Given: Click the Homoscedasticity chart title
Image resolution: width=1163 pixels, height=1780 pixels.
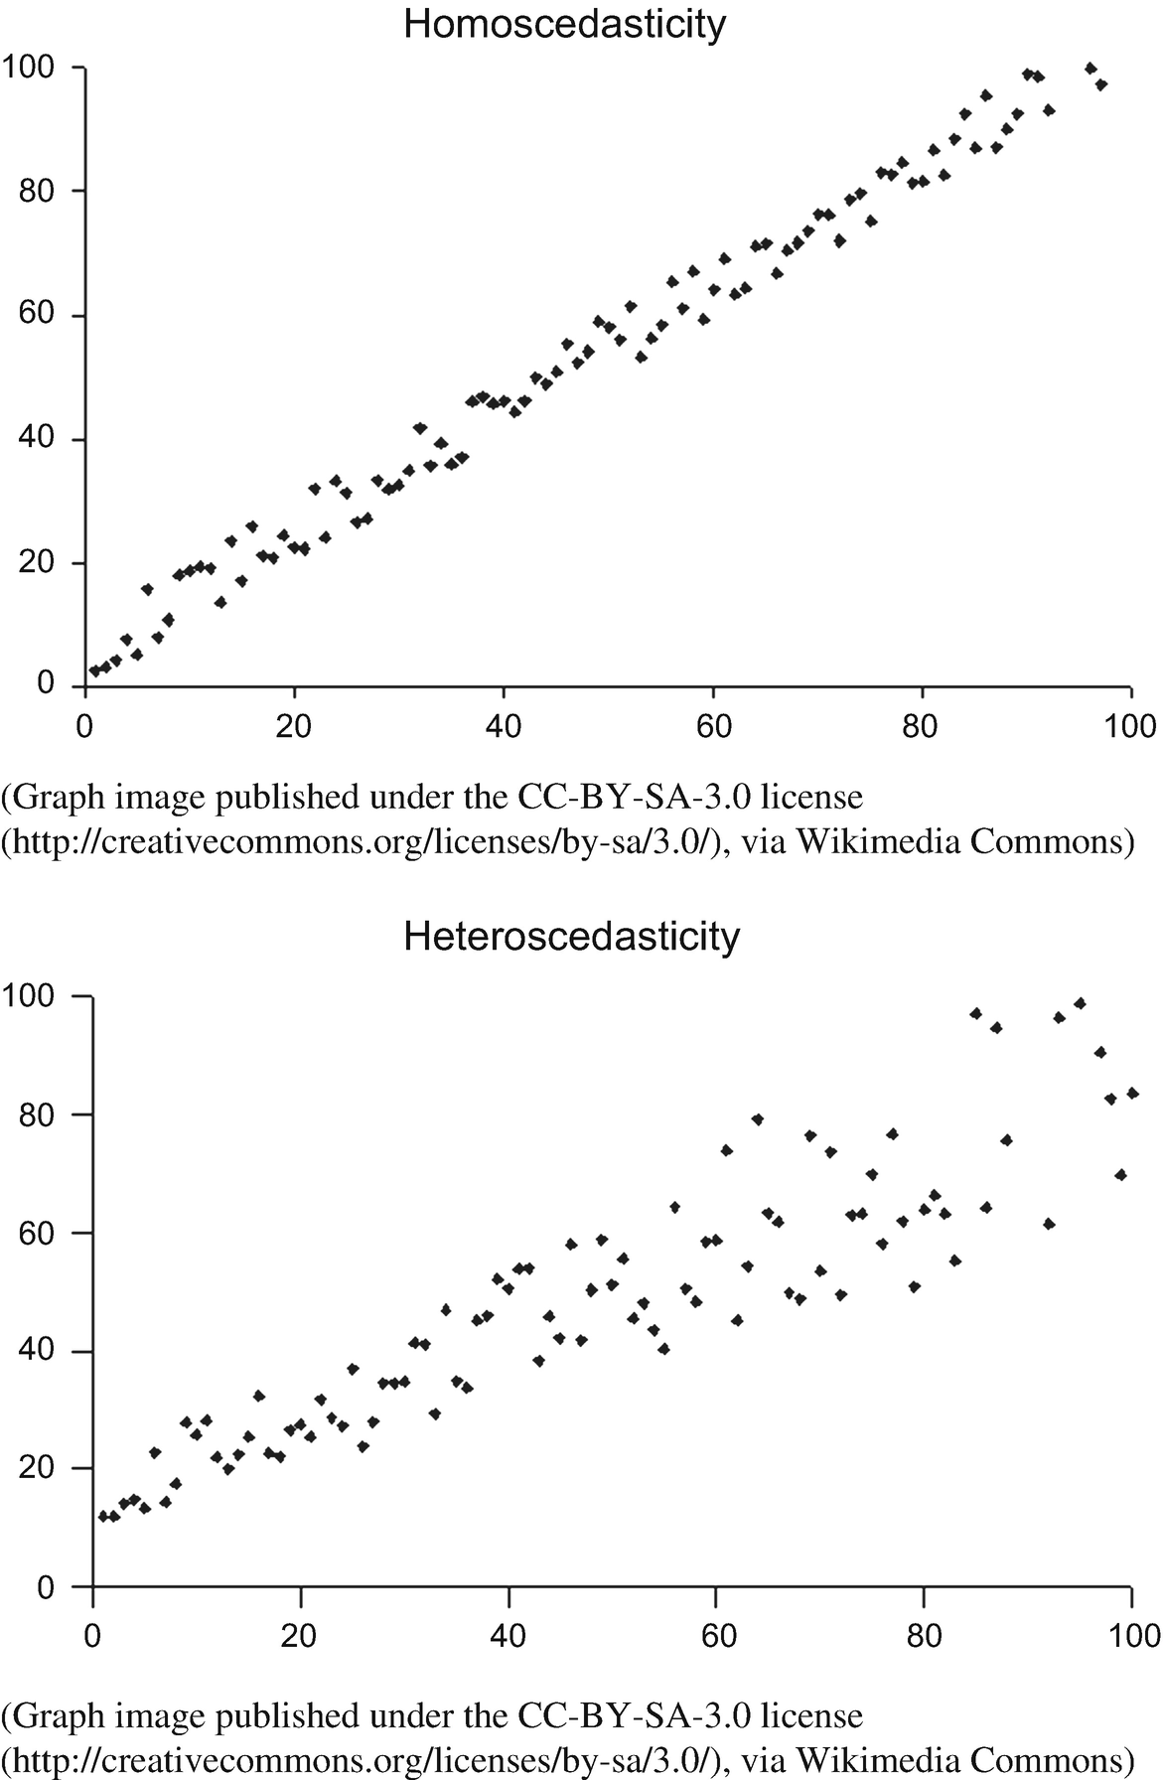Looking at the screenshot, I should tap(564, 24).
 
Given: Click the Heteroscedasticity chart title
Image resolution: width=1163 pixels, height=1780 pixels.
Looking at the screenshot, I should tap(571, 937).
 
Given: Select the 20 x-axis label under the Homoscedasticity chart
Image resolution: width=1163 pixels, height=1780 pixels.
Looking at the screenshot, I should tap(294, 725).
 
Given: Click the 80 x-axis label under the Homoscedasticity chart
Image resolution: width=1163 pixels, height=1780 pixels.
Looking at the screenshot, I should tap(921, 725).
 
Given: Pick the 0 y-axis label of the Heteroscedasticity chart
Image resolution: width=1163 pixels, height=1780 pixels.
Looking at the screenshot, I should tap(45, 1587).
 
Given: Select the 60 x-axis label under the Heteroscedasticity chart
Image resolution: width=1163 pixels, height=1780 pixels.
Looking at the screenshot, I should tap(717, 1634).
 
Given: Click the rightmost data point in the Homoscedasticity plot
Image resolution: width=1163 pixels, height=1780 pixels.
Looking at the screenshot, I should tap(1100, 85).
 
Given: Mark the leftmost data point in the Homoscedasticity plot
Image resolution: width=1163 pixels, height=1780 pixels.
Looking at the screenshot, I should tap(94, 671).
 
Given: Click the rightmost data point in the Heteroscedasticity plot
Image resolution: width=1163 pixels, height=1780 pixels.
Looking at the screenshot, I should tap(1131, 1093).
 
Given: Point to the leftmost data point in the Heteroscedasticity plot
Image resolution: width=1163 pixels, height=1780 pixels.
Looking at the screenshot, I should tap(103, 1516).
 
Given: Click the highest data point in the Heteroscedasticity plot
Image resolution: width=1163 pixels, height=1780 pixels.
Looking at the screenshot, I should tap(1080, 1003).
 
